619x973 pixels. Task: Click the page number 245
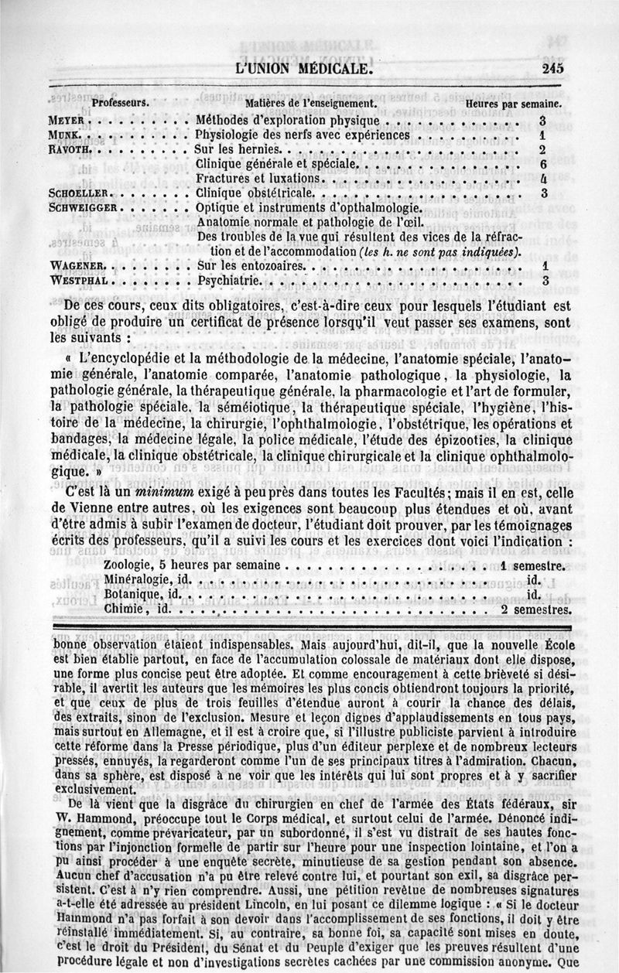(x=552, y=68)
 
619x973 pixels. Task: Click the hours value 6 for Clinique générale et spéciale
(x=543, y=165)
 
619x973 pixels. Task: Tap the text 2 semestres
(x=536, y=609)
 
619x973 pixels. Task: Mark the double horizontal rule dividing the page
(x=309, y=626)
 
